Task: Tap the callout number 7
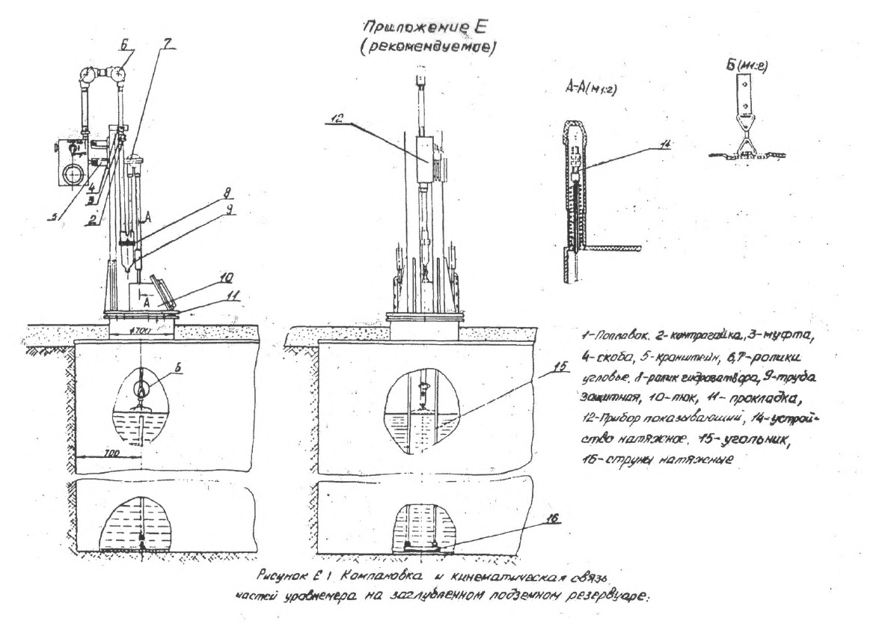pyautogui.click(x=170, y=43)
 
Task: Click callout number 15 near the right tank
pyautogui.click(x=538, y=368)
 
